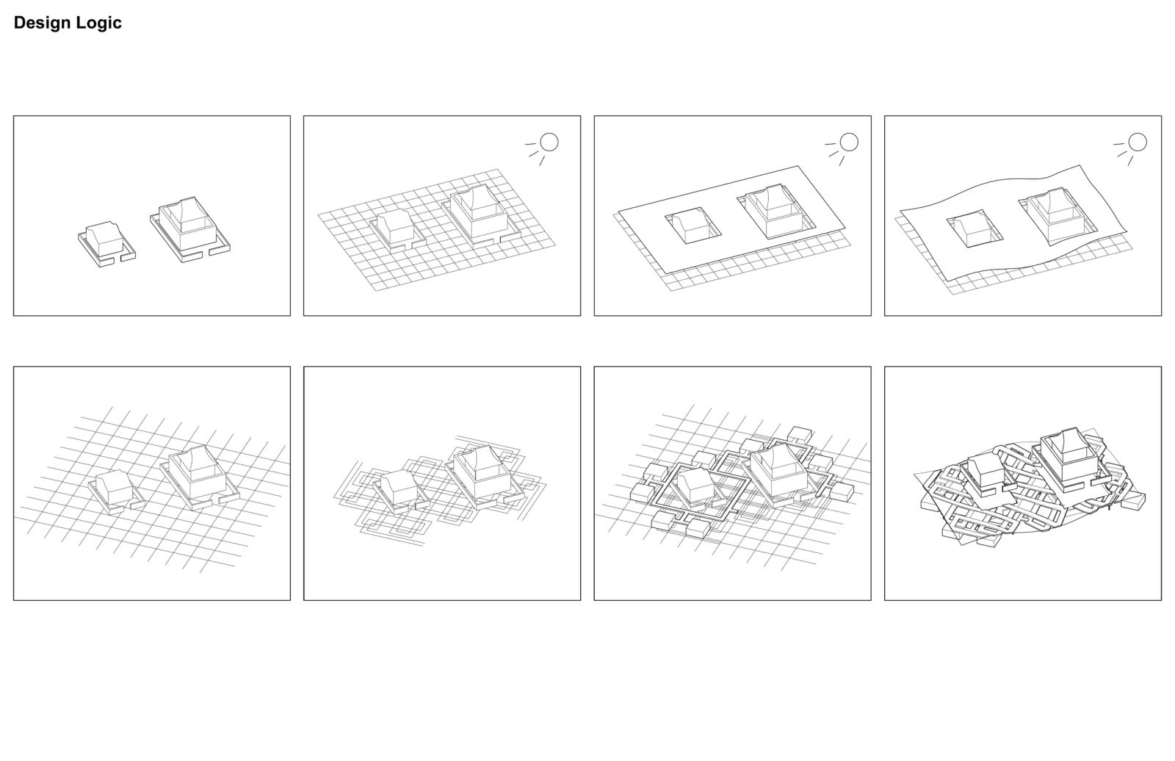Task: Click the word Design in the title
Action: pyautogui.click(x=42, y=23)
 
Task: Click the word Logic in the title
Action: pyautogui.click(x=98, y=23)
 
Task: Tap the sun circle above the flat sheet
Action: pyautogui.click(x=849, y=143)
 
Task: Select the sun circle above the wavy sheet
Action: pyautogui.click(x=1138, y=143)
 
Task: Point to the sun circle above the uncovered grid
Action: pyautogui.click(x=549, y=143)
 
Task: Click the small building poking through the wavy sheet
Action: pyautogui.click(x=974, y=228)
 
